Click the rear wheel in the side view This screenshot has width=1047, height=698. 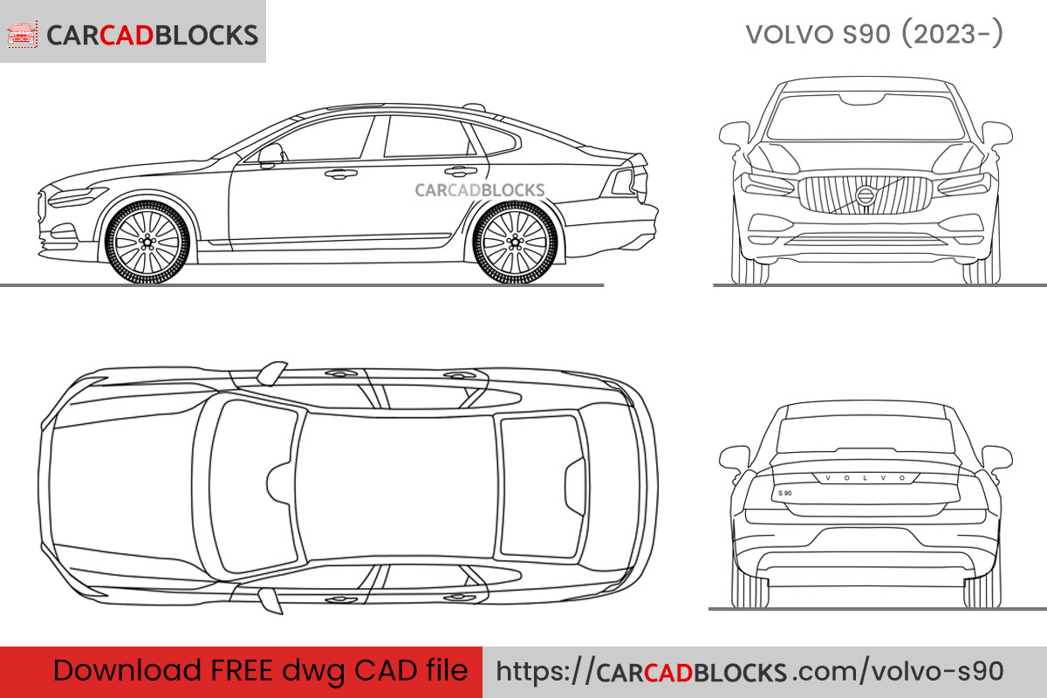pos(514,241)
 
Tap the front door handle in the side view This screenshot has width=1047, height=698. pos(341,174)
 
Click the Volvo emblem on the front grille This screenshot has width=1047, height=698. pos(865,195)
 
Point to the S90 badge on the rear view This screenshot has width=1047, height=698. pos(784,494)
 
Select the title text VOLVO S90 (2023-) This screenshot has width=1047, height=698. pos(873,34)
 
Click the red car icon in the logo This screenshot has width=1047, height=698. pos(21,34)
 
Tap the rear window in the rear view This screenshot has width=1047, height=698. pos(865,434)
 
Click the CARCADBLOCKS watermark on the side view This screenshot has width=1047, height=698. pos(479,190)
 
